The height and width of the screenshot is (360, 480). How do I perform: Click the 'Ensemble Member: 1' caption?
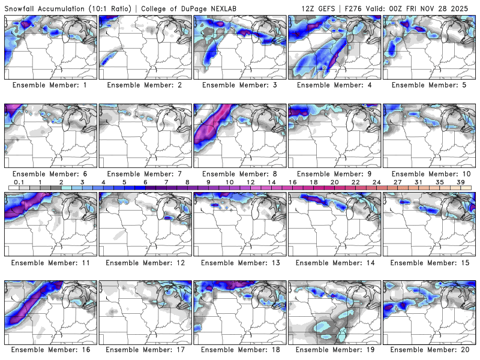[x=50, y=85]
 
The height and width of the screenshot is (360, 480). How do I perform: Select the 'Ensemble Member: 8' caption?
[x=241, y=173]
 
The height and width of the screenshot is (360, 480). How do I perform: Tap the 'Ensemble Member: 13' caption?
[x=241, y=262]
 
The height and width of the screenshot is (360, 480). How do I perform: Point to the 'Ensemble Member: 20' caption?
[x=430, y=349]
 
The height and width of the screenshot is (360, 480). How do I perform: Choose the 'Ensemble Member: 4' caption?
[x=335, y=85]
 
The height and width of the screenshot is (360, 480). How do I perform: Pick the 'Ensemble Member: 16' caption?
[x=50, y=349]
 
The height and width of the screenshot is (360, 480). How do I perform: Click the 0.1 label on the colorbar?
[x=19, y=182]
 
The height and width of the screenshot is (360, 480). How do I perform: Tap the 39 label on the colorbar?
[x=460, y=182]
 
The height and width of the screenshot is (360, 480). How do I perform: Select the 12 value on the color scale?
[x=250, y=182]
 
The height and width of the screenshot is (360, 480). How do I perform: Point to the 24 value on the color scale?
[x=376, y=182]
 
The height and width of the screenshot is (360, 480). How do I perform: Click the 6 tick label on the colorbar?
[x=145, y=182]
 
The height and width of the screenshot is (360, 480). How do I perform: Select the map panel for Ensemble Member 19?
[x=335, y=311]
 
